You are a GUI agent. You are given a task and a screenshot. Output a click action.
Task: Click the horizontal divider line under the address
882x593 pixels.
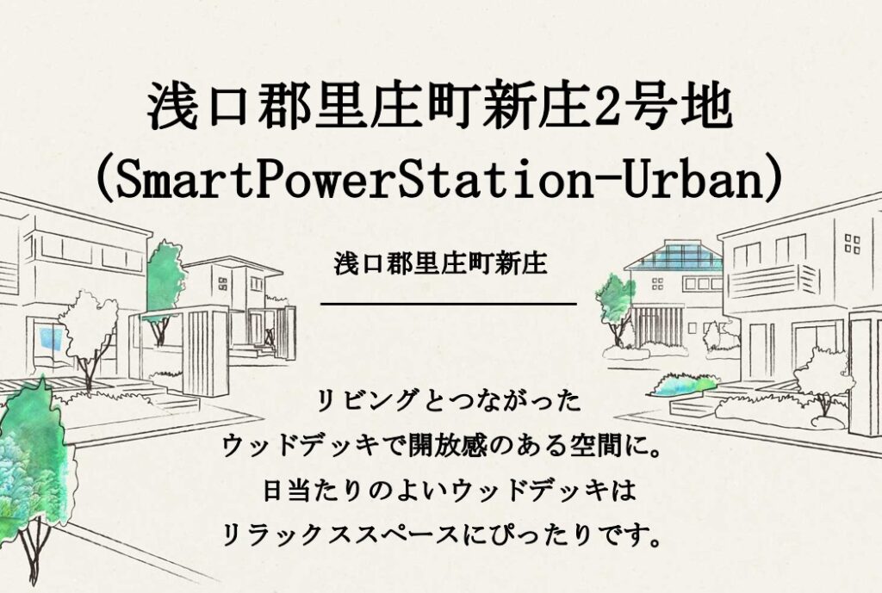point(448,304)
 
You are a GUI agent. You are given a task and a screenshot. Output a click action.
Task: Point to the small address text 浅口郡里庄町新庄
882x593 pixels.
point(440,263)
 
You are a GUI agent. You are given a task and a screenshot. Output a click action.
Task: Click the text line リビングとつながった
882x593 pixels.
point(448,401)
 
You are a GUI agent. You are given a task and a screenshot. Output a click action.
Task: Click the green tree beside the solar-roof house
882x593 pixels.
point(615,309)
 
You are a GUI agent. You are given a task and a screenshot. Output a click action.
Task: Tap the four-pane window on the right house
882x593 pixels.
point(852,244)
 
